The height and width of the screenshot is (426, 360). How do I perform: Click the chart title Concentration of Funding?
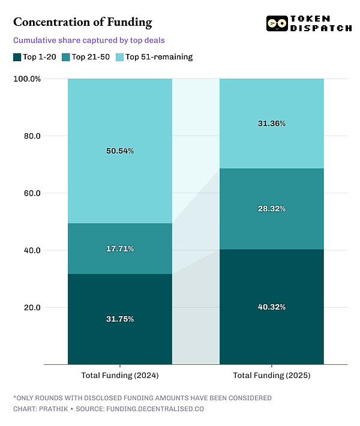pyautogui.click(x=82, y=23)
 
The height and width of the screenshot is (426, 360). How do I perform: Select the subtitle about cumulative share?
pyautogui.click(x=89, y=41)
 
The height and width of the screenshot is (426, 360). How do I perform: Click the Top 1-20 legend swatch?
pyautogui.click(x=17, y=57)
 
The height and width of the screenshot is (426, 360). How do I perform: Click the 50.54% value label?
pyautogui.click(x=119, y=151)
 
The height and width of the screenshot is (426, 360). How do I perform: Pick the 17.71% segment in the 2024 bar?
pyautogui.click(x=119, y=248)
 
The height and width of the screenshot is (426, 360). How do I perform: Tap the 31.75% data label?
pyautogui.click(x=119, y=319)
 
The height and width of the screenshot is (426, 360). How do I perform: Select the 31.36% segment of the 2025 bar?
pyautogui.click(x=271, y=124)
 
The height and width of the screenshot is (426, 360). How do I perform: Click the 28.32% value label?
pyautogui.click(x=271, y=209)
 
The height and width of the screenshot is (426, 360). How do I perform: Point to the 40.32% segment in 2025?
pyautogui.click(x=271, y=307)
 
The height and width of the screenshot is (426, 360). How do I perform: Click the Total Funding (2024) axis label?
pyautogui.click(x=119, y=376)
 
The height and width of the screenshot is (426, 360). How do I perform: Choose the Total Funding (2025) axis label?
pyautogui.click(x=271, y=376)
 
